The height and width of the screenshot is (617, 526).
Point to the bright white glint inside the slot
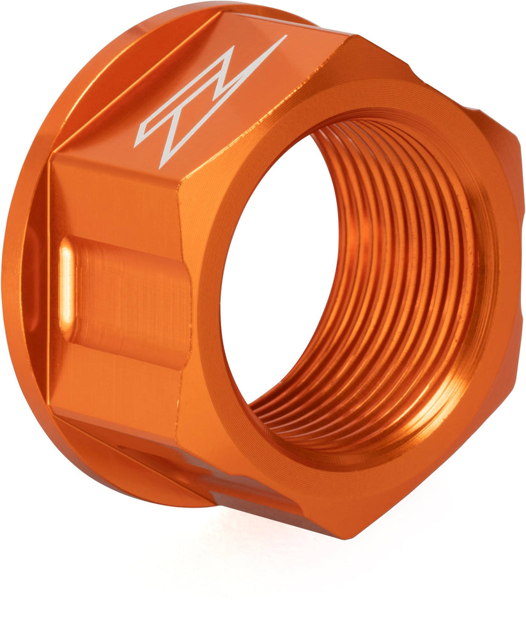[66, 281]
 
